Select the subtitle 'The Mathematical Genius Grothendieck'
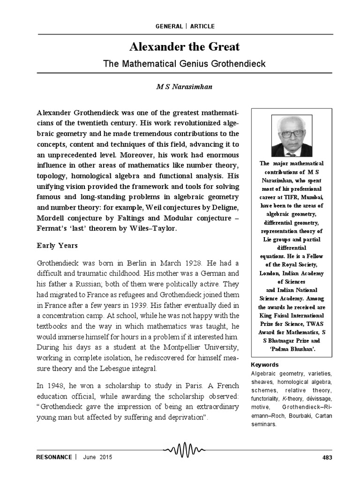[184, 63]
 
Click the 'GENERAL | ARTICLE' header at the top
[185, 26]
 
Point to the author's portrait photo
[291, 135]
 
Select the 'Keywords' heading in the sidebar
[264, 365]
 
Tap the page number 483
[326, 457]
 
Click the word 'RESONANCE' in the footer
[54, 457]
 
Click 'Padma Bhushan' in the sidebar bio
[291, 349]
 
